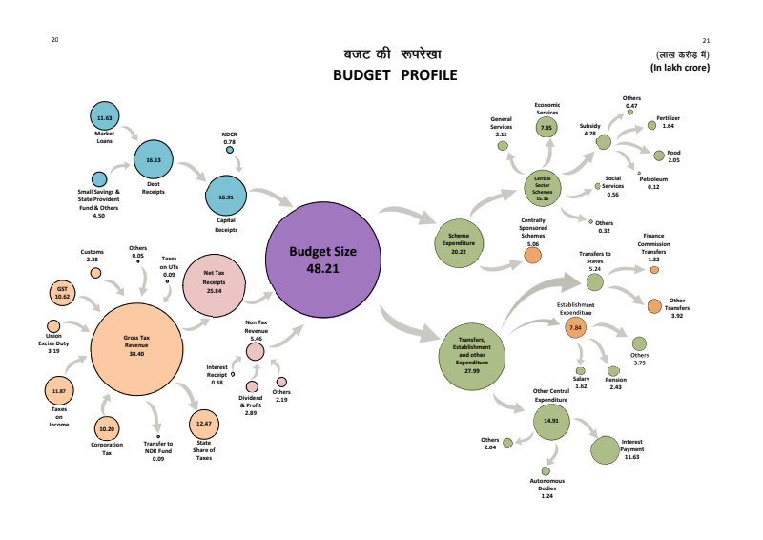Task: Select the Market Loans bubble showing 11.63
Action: point(105,117)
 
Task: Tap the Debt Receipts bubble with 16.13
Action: point(154,160)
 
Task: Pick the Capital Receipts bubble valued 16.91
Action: point(226,197)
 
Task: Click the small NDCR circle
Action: point(230,150)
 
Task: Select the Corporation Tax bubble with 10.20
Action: point(107,429)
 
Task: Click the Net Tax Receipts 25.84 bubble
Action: point(214,280)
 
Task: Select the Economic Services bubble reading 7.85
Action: point(546,127)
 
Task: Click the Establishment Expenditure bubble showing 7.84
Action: point(575,328)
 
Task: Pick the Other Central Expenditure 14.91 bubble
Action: point(551,420)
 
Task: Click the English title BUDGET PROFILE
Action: point(395,75)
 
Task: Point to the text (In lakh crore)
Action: point(679,68)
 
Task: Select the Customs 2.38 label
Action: point(93,256)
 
